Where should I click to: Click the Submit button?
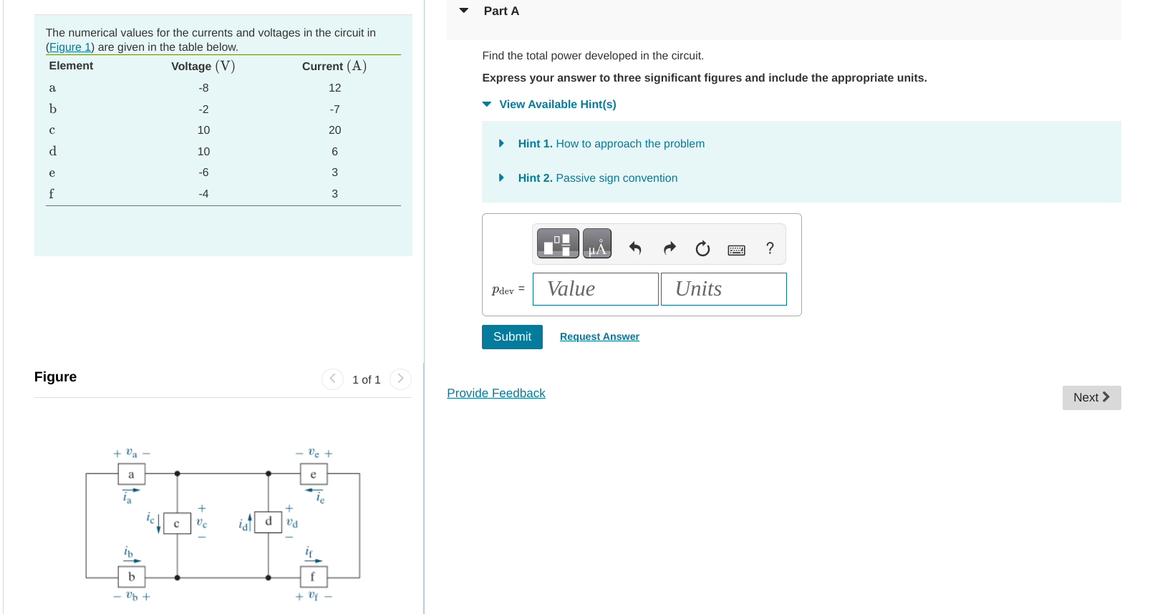coord(512,337)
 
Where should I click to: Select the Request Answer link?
coord(599,337)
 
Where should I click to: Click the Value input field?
coord(595,289)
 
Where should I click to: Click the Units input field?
coord(723,289)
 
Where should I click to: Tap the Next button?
coord(1091,398)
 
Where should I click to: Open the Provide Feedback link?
coord(496,394)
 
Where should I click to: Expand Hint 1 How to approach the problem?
coord(611,144)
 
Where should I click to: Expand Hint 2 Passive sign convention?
coord(597,178)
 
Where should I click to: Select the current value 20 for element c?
coord(334,130)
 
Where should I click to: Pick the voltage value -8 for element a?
coord(203,88)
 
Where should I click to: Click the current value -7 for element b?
coord(334,109)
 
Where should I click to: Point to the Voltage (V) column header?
coord(203,67)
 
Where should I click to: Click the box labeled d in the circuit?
coord(269,522)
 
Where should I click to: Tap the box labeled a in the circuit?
coord(131,474)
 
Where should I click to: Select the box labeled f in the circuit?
coord(312,577)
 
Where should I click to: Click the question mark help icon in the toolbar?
coord(770,248)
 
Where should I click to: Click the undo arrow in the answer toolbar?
coord(634,248)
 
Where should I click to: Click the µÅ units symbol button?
coord(596,244)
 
